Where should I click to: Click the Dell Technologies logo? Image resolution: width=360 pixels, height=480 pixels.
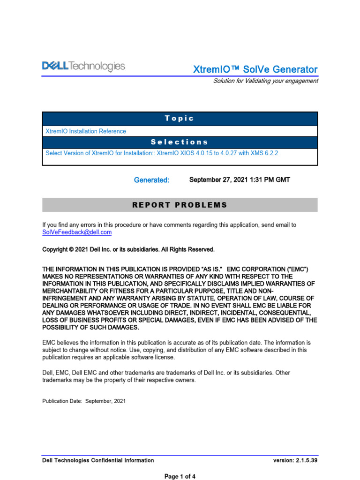click(x=84, y=67)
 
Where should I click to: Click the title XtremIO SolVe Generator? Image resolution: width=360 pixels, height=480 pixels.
click(x=255, y=69)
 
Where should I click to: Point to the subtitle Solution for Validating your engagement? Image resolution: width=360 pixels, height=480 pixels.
click(x=265, y=81)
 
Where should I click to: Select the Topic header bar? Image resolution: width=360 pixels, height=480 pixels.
click(x=180, y=119)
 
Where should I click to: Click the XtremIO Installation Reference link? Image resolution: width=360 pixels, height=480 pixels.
click(x=85, y=131)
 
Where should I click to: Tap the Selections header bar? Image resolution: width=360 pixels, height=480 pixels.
click(x=180, y=142)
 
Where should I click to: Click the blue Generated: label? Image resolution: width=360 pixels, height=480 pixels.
click(x=151, y=180)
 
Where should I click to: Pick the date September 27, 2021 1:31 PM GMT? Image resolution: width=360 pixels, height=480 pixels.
click(x=236, y=180)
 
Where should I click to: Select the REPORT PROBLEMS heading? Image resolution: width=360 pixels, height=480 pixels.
click(x=180, y=205)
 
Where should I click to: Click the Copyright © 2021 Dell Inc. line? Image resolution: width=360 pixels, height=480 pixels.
click(x=128, y=249)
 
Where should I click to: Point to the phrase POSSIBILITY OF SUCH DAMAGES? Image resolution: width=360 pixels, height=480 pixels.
click(x=90, y=328)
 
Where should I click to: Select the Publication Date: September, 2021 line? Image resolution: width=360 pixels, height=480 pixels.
click(x=84, y=401)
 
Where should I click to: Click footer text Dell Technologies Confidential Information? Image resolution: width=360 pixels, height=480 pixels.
click(x=98, y=460)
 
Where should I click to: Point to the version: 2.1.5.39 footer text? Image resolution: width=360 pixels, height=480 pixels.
click(x=295, y=460)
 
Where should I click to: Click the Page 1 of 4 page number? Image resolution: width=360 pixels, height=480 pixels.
click(x=180, y=476)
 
